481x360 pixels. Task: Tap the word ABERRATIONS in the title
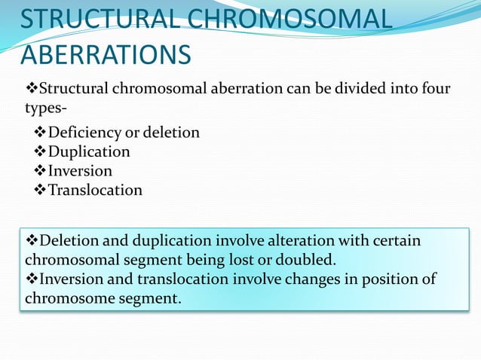[106, 55]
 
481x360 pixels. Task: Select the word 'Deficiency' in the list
[83, 133]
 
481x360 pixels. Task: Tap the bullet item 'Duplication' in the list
[89, 151]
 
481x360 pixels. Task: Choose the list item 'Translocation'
[95, 190]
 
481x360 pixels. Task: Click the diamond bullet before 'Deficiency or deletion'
[41, 133]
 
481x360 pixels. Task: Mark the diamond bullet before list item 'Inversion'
[41, 171]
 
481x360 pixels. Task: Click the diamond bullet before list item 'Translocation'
[41, 190]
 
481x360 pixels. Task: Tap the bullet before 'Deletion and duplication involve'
[31, 241]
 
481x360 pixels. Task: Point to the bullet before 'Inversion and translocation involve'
[31, 279]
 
